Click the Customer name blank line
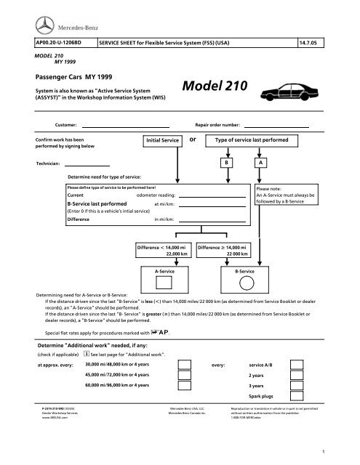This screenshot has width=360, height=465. (125, 126)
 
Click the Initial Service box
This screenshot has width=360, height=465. (163, 139)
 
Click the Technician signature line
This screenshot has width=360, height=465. (86, 166)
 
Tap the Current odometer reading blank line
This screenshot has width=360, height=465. (210, 196)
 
